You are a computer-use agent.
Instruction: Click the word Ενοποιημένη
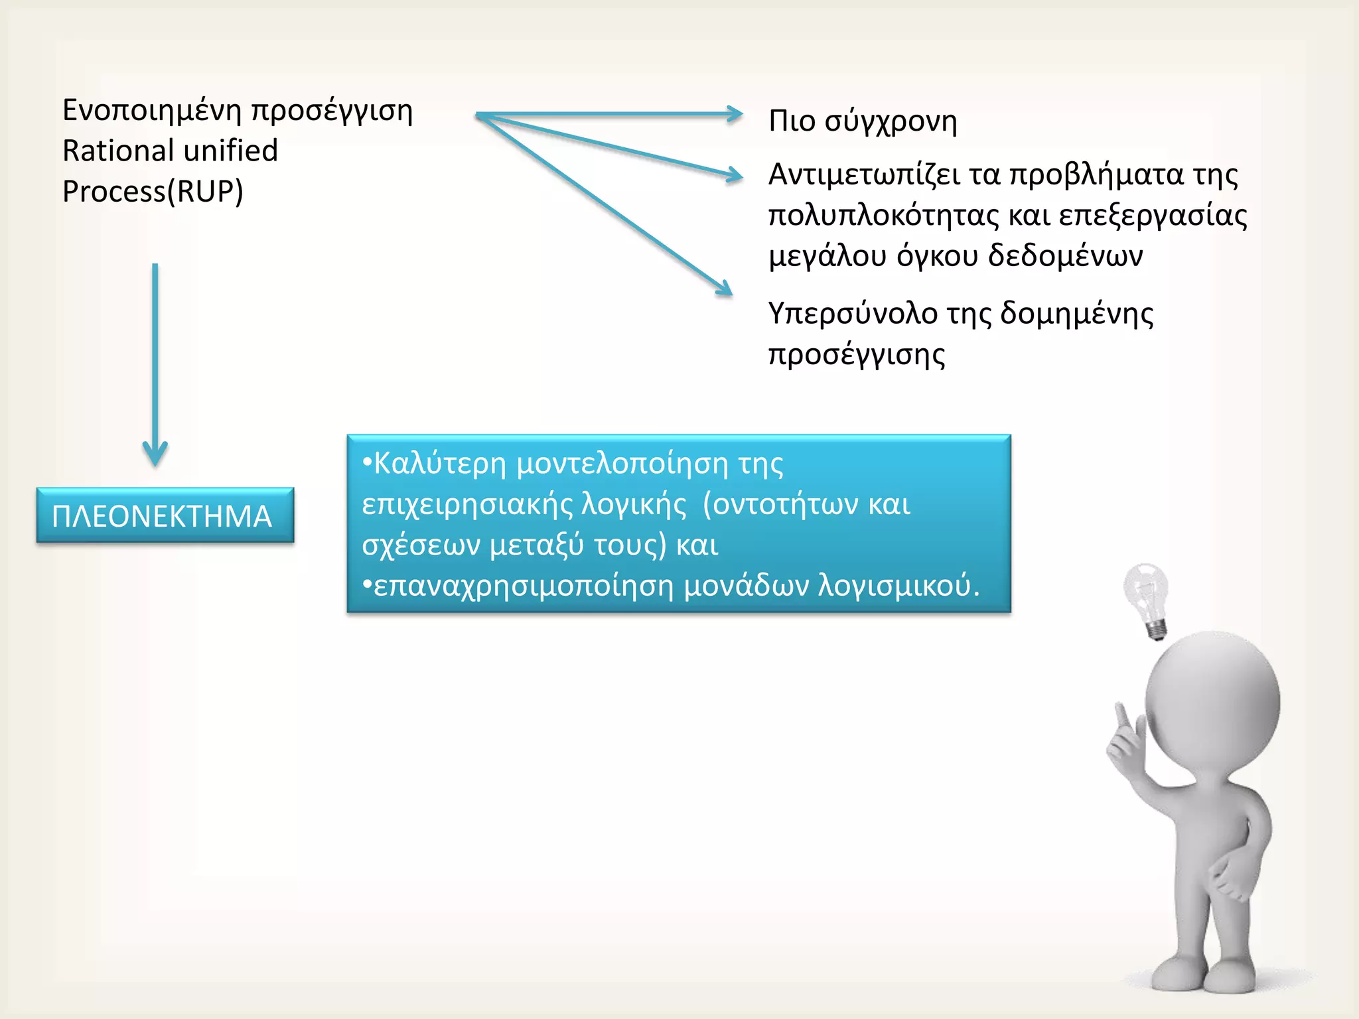click(151, 110)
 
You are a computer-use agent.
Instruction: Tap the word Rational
click(117, 151)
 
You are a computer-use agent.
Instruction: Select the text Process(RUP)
click(153, 192)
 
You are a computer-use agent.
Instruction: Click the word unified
click(230, 151)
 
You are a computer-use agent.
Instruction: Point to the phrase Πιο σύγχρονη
click(863, 121)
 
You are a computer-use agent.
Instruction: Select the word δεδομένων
click(1066, 256)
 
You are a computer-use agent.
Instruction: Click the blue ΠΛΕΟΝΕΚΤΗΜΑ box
click(165, 515)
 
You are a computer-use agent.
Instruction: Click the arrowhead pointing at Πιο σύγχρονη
click(735, 114)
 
